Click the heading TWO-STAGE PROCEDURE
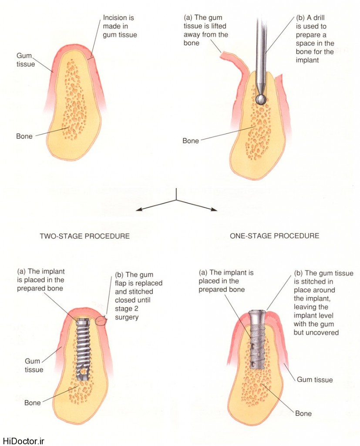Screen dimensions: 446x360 pos(84,236)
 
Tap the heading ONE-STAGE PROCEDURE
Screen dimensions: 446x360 pos(274,236)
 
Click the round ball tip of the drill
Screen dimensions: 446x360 pos(261,99)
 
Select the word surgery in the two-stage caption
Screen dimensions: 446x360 pos(127,317)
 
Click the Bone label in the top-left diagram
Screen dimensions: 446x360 pos(24,136)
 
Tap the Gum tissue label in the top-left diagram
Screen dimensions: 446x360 pos(26,60)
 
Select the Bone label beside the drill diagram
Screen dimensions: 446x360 pos(191,141)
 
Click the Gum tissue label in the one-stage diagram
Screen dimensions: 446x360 pos(315,380)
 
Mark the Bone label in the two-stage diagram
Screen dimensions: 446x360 pos(33,403)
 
